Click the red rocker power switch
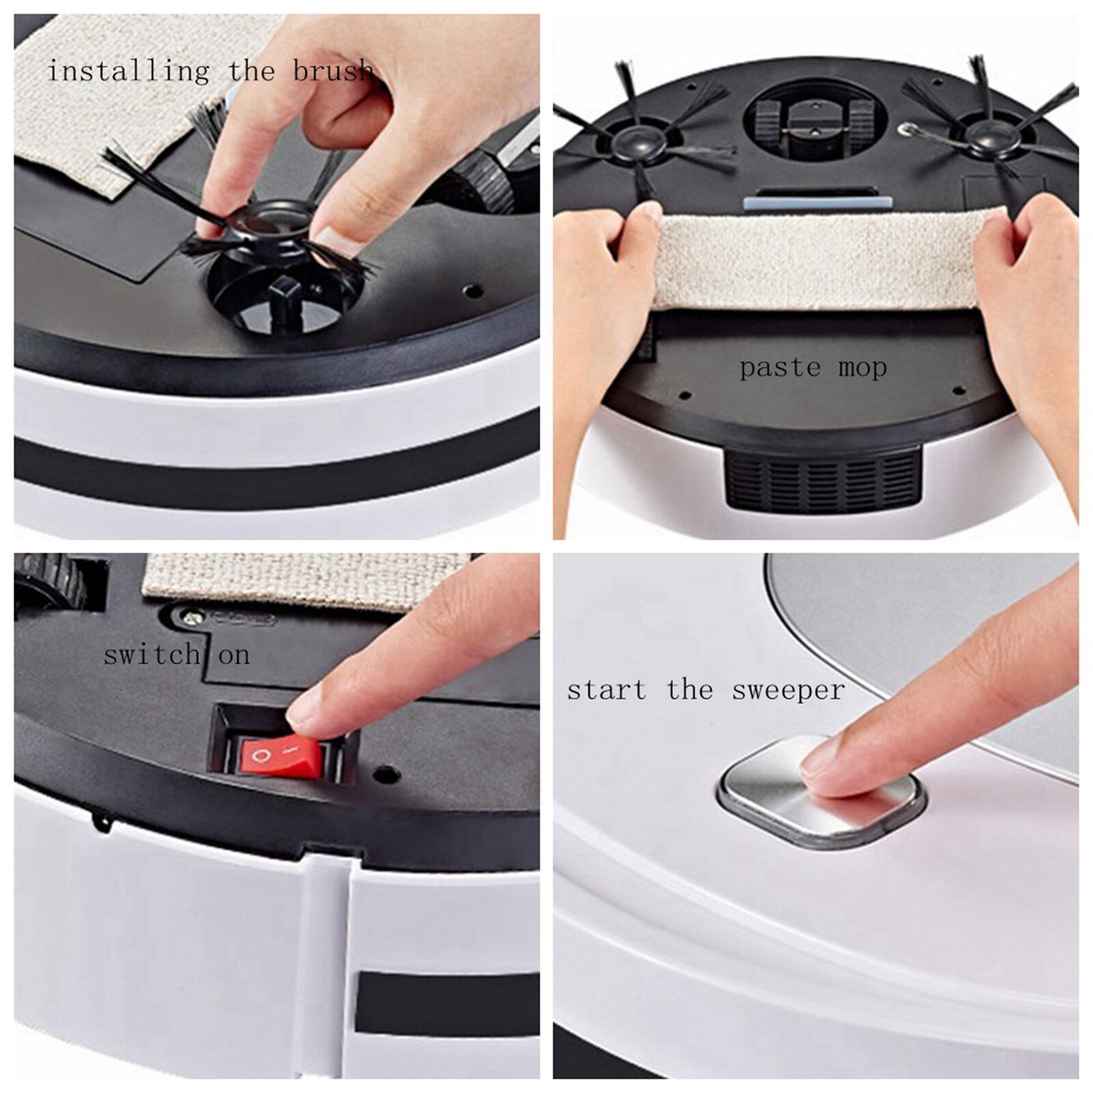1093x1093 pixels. (x=279, y=757)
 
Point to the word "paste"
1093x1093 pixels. (x=779, y=368)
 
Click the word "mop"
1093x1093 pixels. (x=862, y=368)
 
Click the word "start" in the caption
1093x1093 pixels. (x=607, y=690)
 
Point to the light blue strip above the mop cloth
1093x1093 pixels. (x=817, y=203)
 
